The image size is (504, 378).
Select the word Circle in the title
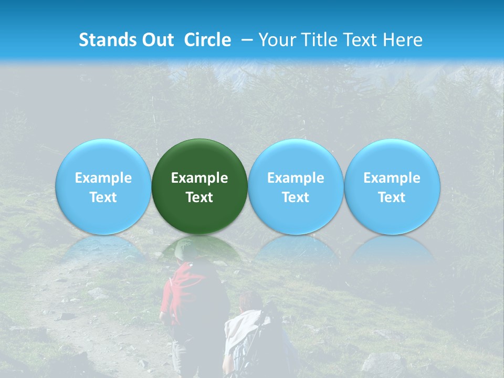[x=207, y=40]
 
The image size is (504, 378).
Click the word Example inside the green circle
[x=199, y=178]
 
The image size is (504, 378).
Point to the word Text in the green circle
[x=199, y=197]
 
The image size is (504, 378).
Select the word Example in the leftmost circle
[x=103, y=178]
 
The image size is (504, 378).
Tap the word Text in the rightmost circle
[x=392, y=197]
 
